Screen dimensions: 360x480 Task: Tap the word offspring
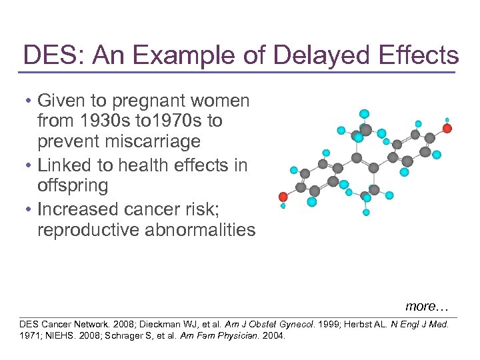click(73, 185)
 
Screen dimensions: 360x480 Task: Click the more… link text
click(427, 307)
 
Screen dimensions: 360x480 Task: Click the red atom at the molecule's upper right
click(447, 128)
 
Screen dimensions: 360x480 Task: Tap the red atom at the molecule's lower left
click(283, 197)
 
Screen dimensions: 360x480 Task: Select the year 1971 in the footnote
click(31, 335)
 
